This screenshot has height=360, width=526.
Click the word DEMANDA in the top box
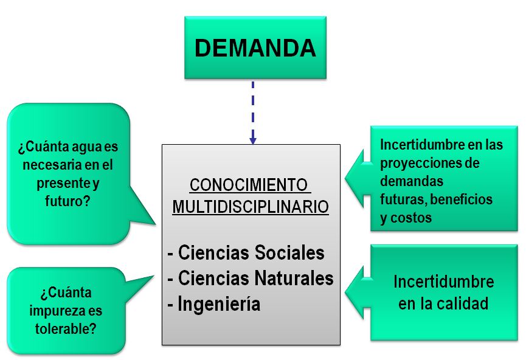point(255,48)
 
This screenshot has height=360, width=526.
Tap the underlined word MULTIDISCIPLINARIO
point(251,207)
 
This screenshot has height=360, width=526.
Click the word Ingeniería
point(218,303)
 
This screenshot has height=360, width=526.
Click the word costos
point(413,218)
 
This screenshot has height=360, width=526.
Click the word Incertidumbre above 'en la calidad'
point(443,282)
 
